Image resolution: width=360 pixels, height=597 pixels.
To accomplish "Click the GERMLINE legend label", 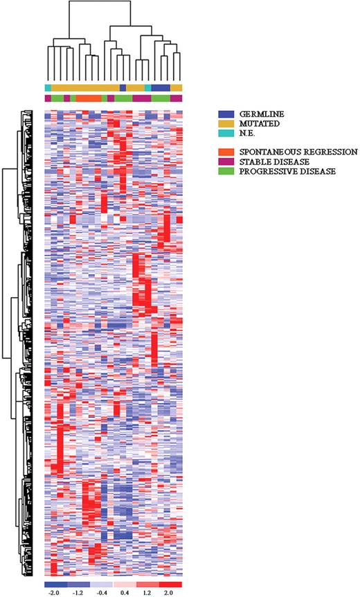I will pyautogui.click(x=255, y=113).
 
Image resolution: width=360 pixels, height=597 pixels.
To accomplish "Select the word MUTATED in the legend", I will pyautogui.click(x=253, y=123).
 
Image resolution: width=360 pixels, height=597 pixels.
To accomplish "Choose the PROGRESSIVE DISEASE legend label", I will pyautogui.click(x=276, y=170).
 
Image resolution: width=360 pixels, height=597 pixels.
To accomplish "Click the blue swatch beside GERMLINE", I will pyautogui.click(x=225, y=113).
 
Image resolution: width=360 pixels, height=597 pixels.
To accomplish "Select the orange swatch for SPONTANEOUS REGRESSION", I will pyautogui.click(x=225, y=152).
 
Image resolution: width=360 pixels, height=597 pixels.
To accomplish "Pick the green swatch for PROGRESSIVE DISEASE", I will pyautogui.click(x=225, y=170).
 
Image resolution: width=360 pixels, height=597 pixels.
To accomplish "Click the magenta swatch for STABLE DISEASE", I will pyautogui.click(x=225, y=161).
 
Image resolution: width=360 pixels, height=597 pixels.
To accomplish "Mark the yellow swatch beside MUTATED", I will pyautogui.click(x=225, y=123).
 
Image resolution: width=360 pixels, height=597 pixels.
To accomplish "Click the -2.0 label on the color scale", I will pyautogui.click(x=54, y=593).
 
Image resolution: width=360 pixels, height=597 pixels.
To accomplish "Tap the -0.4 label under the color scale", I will pyautogui.click(x=100, y=593).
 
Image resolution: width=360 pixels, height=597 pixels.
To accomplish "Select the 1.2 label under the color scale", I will pyautogui.click(x=147, y=593).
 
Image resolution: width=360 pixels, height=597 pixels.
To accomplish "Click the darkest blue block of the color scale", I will pyautogui.click(x=55, y=585).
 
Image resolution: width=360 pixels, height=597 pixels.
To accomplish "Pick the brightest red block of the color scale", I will pyautogui.click(x=170, y=585).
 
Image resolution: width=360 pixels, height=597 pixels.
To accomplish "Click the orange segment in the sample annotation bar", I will pyautogui.click(x=89, y=98).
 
